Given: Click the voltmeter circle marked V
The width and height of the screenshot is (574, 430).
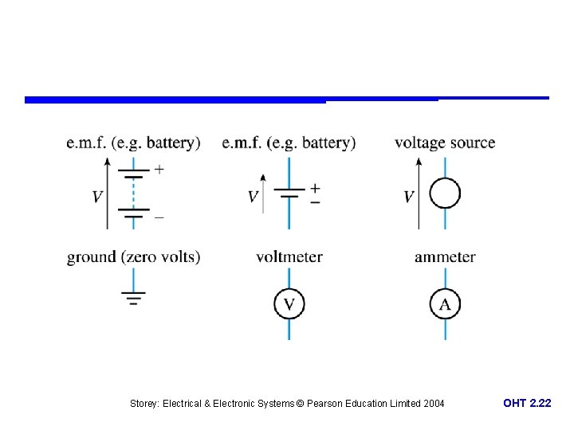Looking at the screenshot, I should (x=289, y=303).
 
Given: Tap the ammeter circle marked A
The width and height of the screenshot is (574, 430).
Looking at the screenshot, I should (x=445, y=303).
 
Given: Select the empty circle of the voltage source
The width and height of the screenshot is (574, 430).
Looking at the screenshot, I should (x=445, y=193).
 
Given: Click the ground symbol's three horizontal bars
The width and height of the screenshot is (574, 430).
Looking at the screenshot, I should (x=132, y=299).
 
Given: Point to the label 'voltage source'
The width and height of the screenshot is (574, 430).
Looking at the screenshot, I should (x=444, y=143).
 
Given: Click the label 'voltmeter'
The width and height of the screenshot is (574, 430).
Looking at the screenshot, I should (x=289, y=256).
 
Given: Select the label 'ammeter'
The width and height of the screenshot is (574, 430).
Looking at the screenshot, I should (x=445, y=256).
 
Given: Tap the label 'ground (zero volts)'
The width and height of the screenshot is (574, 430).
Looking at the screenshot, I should (x=133, y=256).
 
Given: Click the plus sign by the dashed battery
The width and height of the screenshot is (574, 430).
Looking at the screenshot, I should (x=159, y=169).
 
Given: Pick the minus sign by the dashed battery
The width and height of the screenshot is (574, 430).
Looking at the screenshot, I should (x=159, y=216).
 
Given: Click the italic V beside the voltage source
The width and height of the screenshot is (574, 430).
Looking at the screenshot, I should (x=408, y=197).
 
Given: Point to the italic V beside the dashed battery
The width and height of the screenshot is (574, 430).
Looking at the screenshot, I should (x=97, y=197).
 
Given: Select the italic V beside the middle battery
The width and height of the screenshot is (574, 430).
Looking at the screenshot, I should (x=253, y=197).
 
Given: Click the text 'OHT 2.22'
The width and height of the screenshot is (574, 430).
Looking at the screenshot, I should (x=526, y=404).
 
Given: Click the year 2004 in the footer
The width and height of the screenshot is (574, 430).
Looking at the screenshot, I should (x=434, y=404).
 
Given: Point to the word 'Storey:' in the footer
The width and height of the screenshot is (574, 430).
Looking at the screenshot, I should (x=144, y=404).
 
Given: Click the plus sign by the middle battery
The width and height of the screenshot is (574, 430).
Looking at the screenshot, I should (x=315, y=188).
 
